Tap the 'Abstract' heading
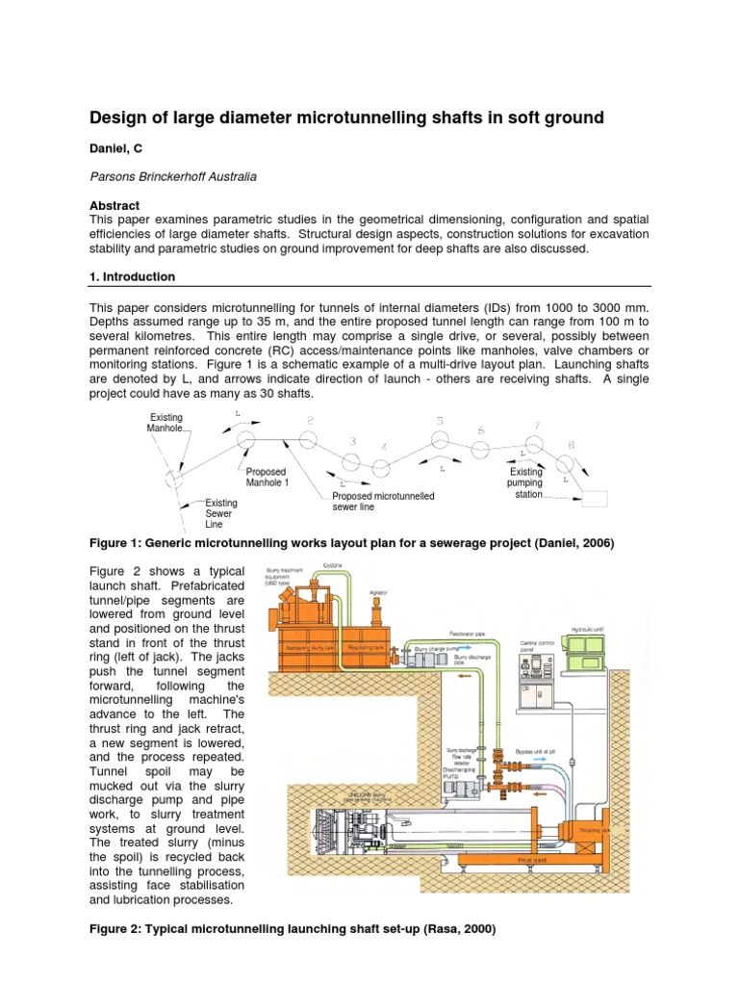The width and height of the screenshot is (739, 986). [x=115, y=205]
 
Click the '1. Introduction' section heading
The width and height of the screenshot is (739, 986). [x=132, y=276]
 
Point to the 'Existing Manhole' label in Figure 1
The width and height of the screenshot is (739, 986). [x=165, y=423]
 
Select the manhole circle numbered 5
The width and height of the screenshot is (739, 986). [x=440, y=440]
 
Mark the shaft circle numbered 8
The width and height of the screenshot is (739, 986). [x=567, y=463]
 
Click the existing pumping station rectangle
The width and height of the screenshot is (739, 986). [x=595, y=498]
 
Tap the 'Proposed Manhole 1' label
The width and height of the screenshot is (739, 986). [x=266, y=478]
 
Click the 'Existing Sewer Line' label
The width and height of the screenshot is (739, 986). [x=220, y=514]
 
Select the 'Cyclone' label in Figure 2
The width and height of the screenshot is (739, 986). [x=332, y=565]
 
